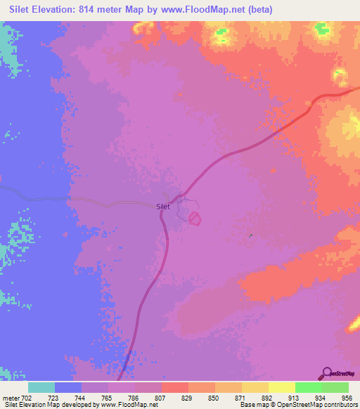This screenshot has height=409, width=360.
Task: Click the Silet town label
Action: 162,207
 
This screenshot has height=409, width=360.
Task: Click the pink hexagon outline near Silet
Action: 195,220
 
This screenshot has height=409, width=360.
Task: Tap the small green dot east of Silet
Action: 251,236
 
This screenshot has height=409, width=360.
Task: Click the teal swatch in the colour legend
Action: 41,387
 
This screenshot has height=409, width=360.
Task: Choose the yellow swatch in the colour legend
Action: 281,387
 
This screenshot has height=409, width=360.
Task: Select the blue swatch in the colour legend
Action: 68,387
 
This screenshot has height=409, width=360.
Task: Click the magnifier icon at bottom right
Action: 327,373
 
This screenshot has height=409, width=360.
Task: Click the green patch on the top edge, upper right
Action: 322,29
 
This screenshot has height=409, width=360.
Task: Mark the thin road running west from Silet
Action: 70,200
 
